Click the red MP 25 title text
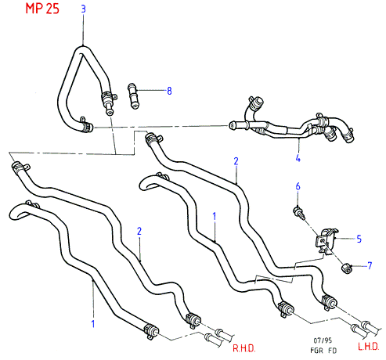pyautogui.click(x=42, y=8)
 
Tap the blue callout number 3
pyautogui.click(x=83, y=9)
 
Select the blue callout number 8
pyautogui.click(x=169, y=91)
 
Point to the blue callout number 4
pyautogui.click(x=298, y=158)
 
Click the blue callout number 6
pyautogui.click(x=298, y=186)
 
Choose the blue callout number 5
pyautogui.click(x=359, y=239)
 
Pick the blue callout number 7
pyautogui.click(x=370, y=265)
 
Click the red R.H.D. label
pyautogui.click(x=244, y=348)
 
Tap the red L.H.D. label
pyautogui.click(x=368, y=346)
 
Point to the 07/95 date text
pyautogui.click(x=323, y=340)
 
